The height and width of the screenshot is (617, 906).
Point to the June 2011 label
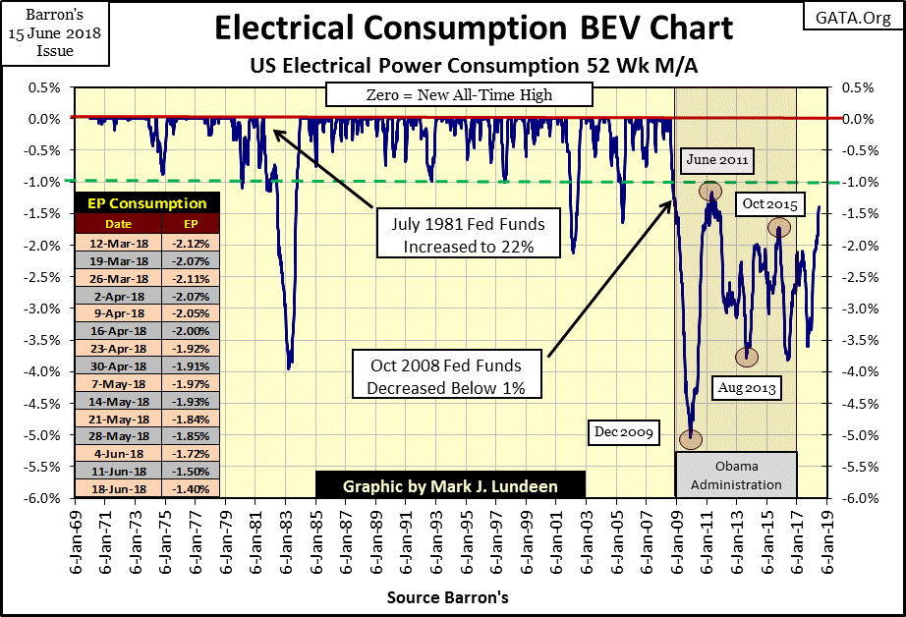(x=718, y=159)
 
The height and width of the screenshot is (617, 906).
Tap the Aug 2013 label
(x=748, y=388)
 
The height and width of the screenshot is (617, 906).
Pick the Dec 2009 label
(x=625, y=431)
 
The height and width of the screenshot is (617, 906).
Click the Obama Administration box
(x=735, y=475)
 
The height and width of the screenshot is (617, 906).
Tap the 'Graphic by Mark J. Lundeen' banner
(x=450, y=485)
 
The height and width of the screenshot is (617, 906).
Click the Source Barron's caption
(x=448, y=596)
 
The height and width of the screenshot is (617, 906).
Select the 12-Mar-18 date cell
(x=115, y=243)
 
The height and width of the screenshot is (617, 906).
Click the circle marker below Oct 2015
(x=779, y=229)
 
